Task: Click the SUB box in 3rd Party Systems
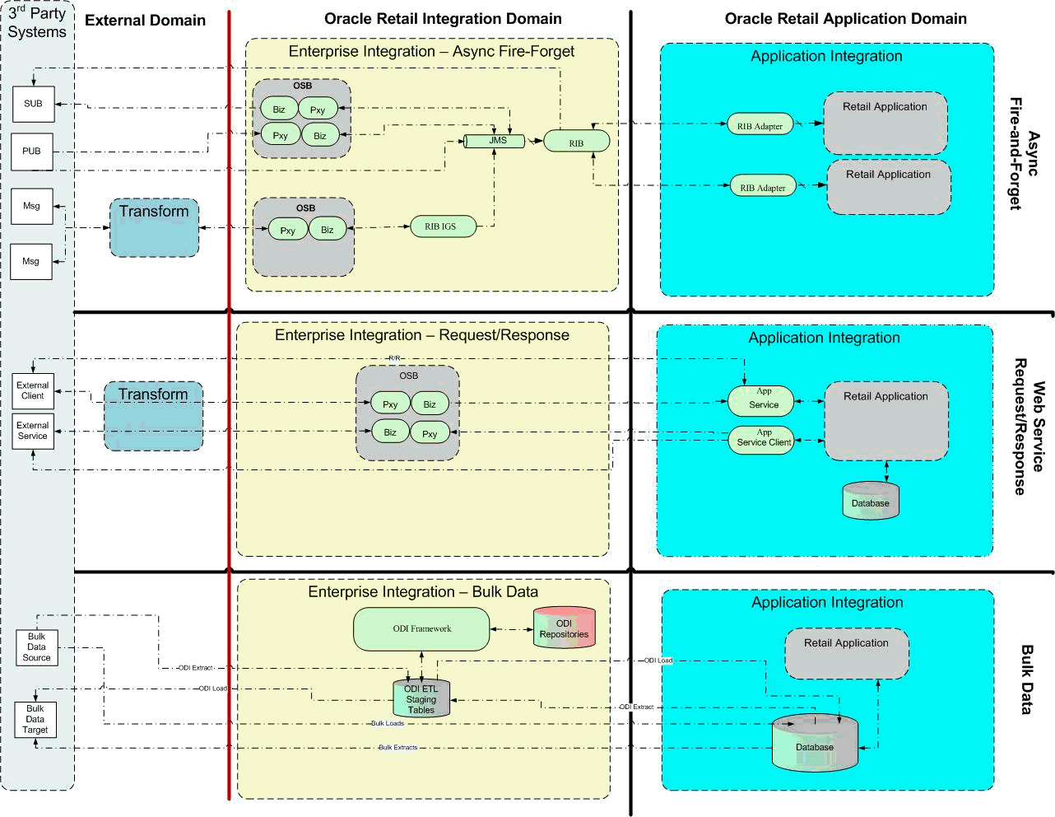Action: pyautogui.click(x=33, y=104)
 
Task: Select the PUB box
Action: pyautogui.click(x=32, y=152)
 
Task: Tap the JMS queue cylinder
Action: pyautogui.click(x=495, y=141)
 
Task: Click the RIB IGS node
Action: pyautogui.click(x=443, y=226)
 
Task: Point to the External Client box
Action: pyautogui.click(x=33, y=390)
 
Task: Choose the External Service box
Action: pyautogui.click(x=33, y=431)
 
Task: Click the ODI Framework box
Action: pyautogui.click(x=421, y=629)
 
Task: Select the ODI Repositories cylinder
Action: pyautogui.click(x=564, y=628)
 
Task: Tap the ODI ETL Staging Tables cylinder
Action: pyautogui.click(x=421, y=698)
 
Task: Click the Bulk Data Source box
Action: pyautogui.click(x=37, y=647)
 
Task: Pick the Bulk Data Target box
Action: pyautogui.click(x=35, y=719)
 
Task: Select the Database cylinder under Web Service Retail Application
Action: pyautogui.click(x=871, y=502)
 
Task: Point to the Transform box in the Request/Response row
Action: pyautogui.click(x=153, y=416)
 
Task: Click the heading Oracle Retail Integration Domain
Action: pyautogui.click(x=443, y=19)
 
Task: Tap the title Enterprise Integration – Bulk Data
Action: pyautogui.click(x=423, y=592)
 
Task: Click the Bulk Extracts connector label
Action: pyautogui.click(x=397, y=748)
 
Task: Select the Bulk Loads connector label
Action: pyautogui.click(x=388, y=724)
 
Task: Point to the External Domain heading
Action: pyautogui.click(x=145, y=21)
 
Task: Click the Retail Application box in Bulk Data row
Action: pyautogui.click(x=846, y=654)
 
